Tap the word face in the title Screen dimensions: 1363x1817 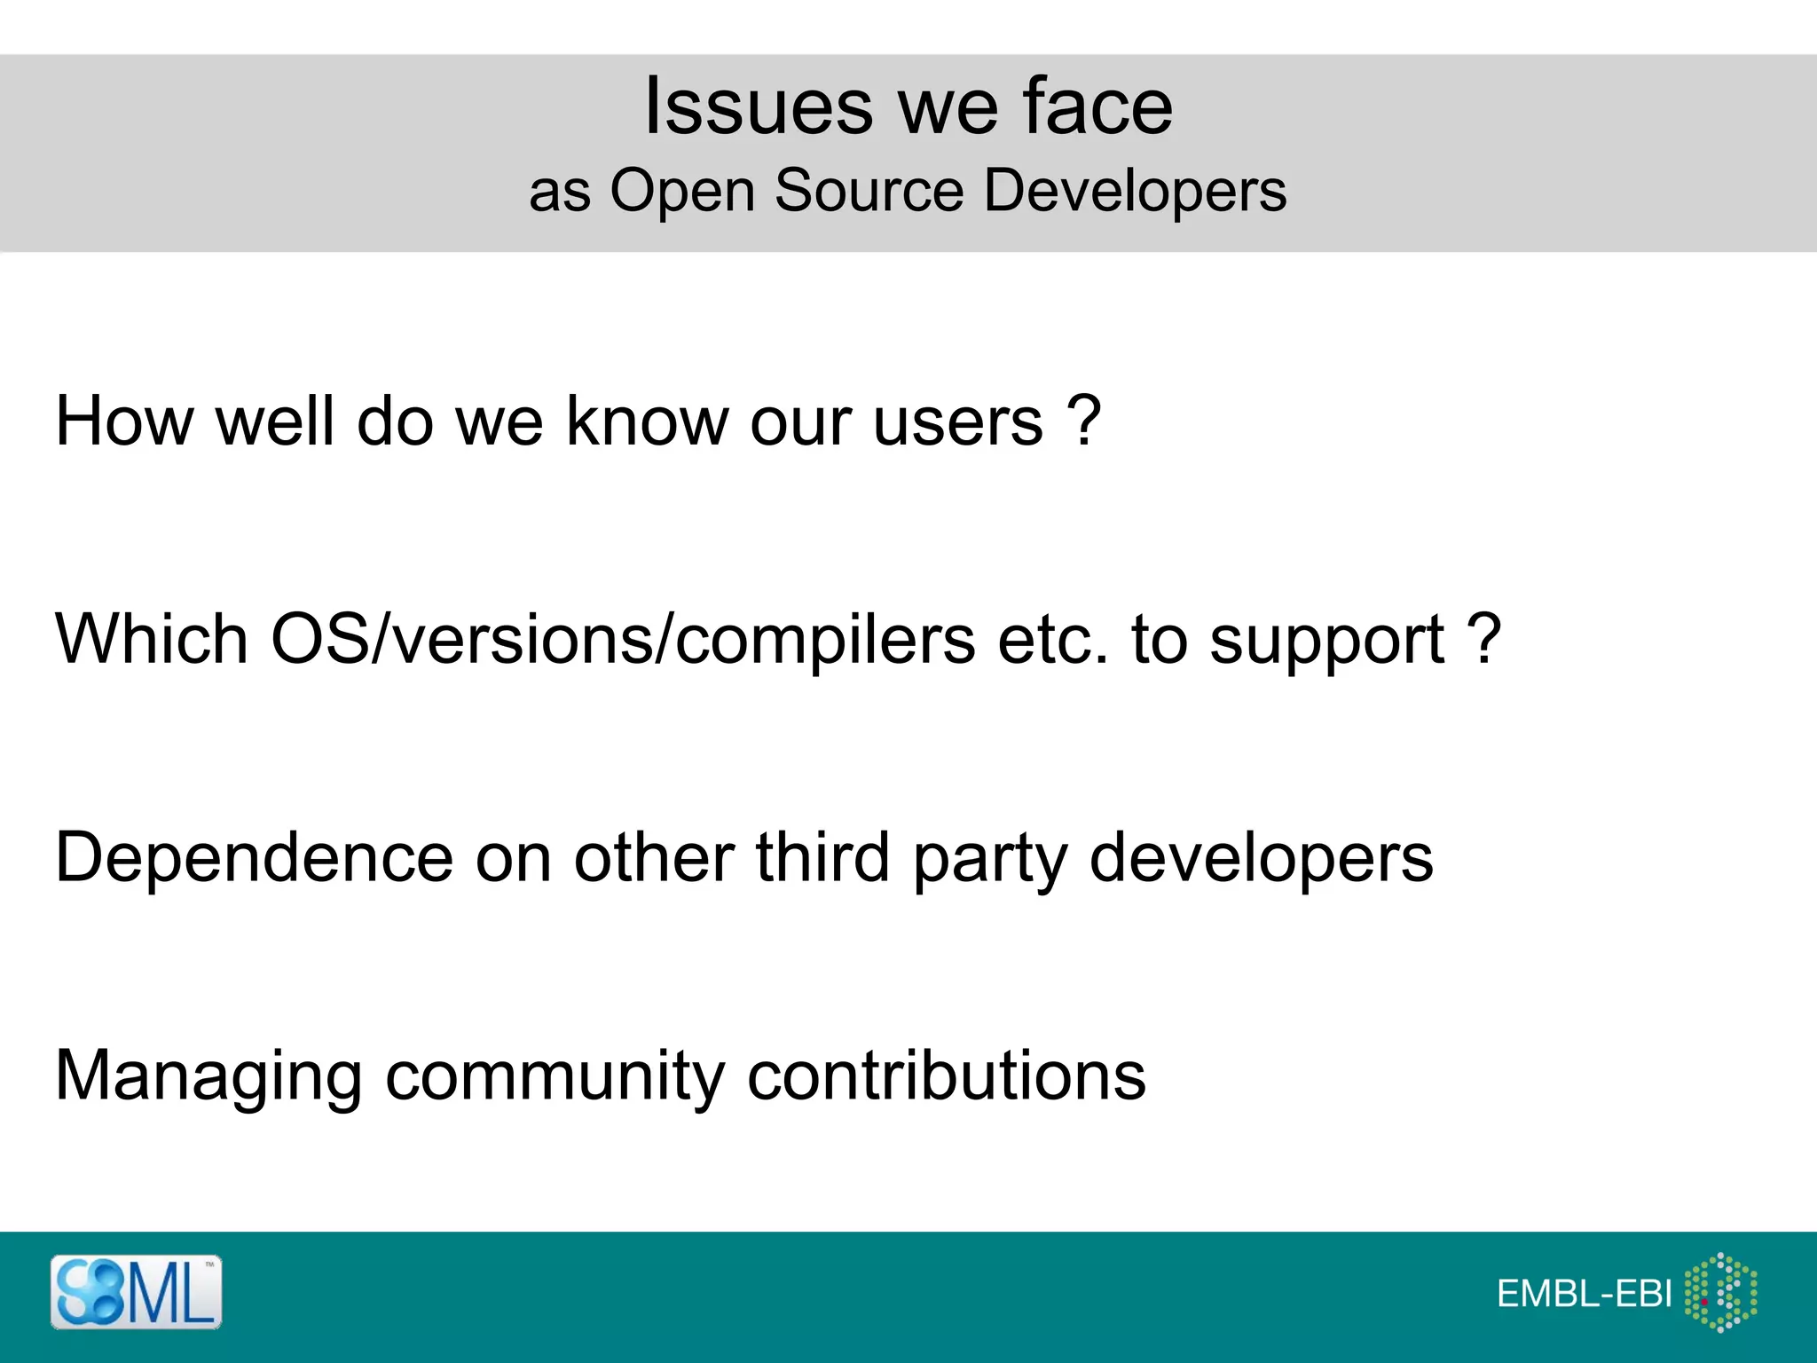[x=1097, y=106]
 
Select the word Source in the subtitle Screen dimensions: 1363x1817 [x=869, y=190]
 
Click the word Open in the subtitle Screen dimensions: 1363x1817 [x=681, y=192]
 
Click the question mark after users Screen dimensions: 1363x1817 [x=1083, y=420]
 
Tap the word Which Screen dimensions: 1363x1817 [x=152, y=639]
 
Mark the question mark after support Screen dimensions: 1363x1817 [x=1483, y=638]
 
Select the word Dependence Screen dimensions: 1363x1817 [x=254, y=858]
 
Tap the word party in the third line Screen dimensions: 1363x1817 [x=990, y=860]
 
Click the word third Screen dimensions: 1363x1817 [x=822, y=857]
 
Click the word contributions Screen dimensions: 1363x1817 [x=947, y=1075]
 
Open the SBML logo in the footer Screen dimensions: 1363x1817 [x=136, y=1292]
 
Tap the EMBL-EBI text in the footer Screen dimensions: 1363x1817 [x=1584, y=1295]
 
